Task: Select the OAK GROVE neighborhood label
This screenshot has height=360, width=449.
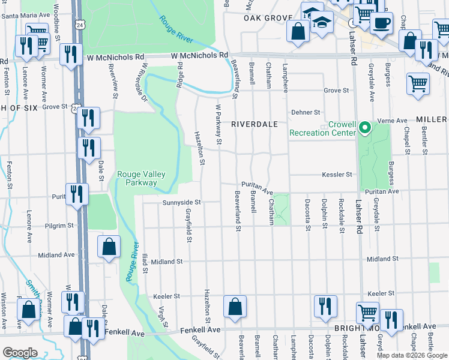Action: pos(267,19)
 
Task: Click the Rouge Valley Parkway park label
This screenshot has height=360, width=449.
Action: pos(140,179)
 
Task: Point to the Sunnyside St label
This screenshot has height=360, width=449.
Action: pos(181,203)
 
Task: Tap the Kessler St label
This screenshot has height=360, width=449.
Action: pos(337,175)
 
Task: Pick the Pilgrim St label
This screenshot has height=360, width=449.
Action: pos(59,226)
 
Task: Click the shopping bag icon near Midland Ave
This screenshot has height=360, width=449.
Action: pos(109,247)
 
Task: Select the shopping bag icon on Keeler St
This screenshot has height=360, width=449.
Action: pos(235,306)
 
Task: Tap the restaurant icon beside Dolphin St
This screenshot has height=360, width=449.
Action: pos(324,306)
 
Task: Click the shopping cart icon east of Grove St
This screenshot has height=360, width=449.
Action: pos(418,83)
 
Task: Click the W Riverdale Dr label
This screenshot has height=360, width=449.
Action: pos(142,85)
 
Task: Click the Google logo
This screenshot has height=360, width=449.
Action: pos(20,353)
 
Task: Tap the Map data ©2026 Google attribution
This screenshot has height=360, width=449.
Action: pos(411,355)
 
